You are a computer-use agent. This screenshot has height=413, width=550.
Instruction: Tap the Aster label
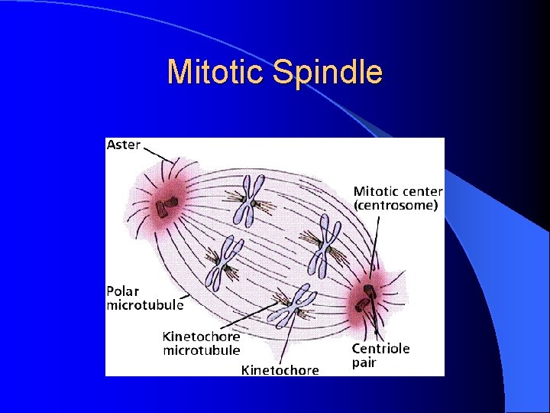[x=124, y=145]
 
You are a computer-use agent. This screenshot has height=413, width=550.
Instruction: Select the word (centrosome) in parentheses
[x=395, y=205]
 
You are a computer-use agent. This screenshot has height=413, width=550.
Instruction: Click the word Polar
[x=123, y=291]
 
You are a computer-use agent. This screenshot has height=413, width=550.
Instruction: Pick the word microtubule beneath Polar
[x=145, y=305]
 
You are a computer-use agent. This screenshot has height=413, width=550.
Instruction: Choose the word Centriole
[x=380, y=349]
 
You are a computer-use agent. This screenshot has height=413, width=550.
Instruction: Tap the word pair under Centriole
[x=364, y=363]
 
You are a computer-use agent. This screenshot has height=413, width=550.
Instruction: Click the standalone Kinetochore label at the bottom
[x=280, y=370]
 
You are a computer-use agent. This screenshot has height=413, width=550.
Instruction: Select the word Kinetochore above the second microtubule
[x=201, y=337]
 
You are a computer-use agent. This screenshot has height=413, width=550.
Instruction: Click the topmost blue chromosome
[x=248, y=200]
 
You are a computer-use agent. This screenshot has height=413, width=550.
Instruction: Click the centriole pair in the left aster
[x=167, y=205]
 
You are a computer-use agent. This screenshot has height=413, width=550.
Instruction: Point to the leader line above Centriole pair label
[x=377, y=325]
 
